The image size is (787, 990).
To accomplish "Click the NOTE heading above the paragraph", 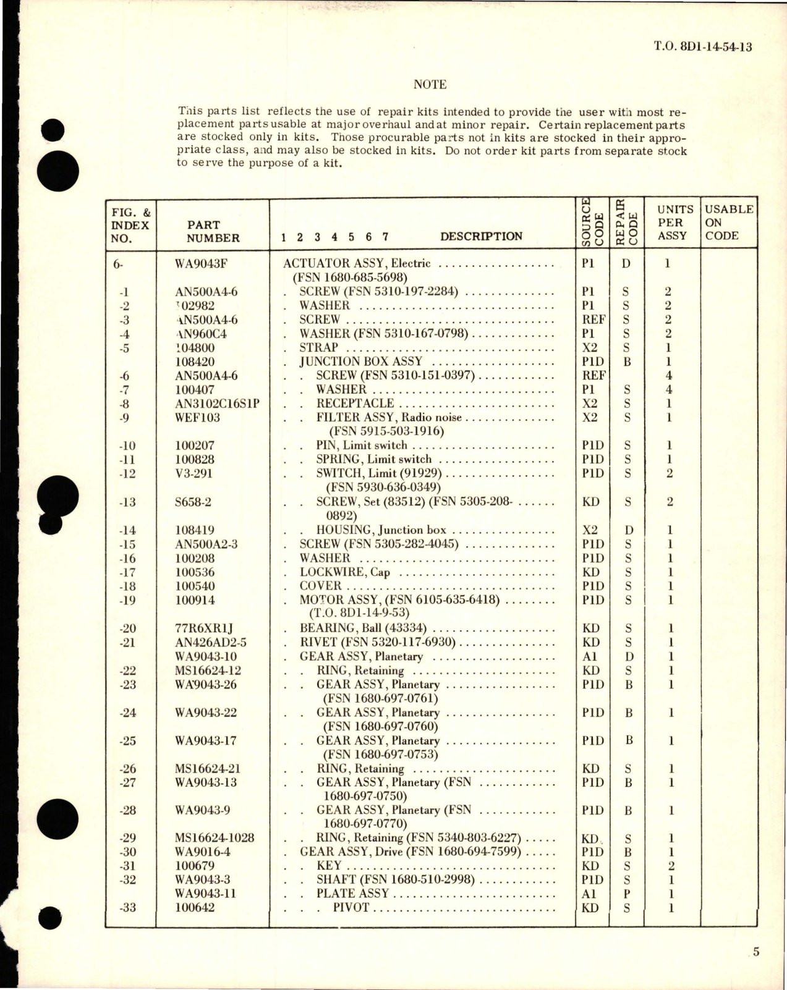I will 430,85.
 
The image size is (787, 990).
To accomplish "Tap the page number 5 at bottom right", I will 756,952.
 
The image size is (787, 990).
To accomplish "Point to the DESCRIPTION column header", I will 481,236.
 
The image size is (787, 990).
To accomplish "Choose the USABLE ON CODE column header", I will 729,222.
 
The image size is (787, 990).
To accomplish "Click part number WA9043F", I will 202,264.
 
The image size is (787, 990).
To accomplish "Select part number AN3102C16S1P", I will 217,404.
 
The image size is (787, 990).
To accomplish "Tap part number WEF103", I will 198,418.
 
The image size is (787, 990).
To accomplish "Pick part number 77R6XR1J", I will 202,628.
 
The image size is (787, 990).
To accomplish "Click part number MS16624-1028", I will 215,839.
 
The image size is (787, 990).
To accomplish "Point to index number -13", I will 127,502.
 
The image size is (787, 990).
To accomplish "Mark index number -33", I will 127,908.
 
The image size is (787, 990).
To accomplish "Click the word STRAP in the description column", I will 319,347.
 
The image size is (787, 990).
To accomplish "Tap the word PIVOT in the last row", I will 351,908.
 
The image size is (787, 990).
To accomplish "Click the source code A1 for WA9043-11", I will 589,894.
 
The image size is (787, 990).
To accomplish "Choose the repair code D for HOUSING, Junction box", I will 627,530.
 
